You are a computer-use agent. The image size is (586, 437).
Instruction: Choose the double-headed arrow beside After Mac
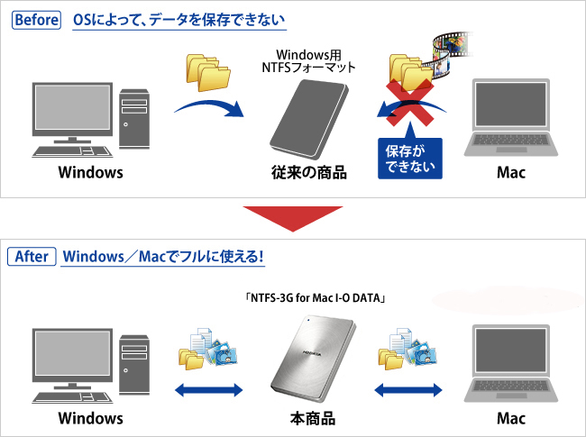coord(407,391)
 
